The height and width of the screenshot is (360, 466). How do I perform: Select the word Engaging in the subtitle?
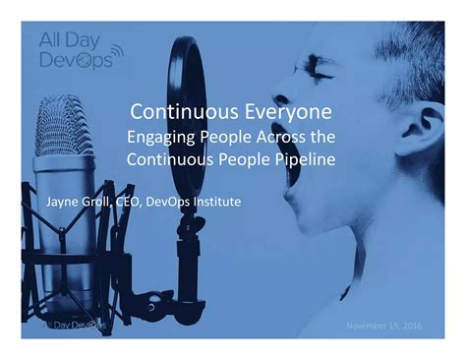click(163, 135)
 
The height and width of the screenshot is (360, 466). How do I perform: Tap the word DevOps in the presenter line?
click(170, 203)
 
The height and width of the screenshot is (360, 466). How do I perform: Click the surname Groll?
click(100, 203)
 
